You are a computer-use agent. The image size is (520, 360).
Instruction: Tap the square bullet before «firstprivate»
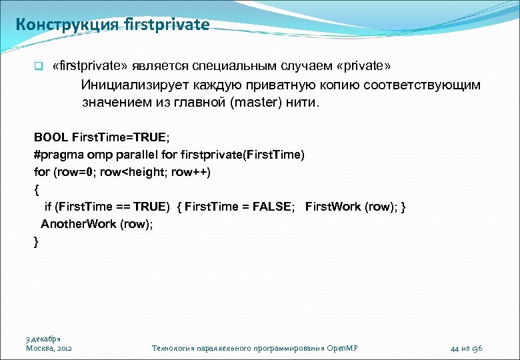pos(39,67)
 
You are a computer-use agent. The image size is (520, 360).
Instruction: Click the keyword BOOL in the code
pos(51,137)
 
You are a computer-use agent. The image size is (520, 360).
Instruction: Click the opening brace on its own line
pos(37,189)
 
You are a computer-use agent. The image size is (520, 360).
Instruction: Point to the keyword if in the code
pos(48,207)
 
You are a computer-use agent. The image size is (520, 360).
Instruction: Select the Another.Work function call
pos(78,224)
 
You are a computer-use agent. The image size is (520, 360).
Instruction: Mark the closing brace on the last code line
pos(37,241)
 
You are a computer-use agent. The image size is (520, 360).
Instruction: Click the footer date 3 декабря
pos(43,339)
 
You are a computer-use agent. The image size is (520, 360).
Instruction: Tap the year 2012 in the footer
pos(65,348)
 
